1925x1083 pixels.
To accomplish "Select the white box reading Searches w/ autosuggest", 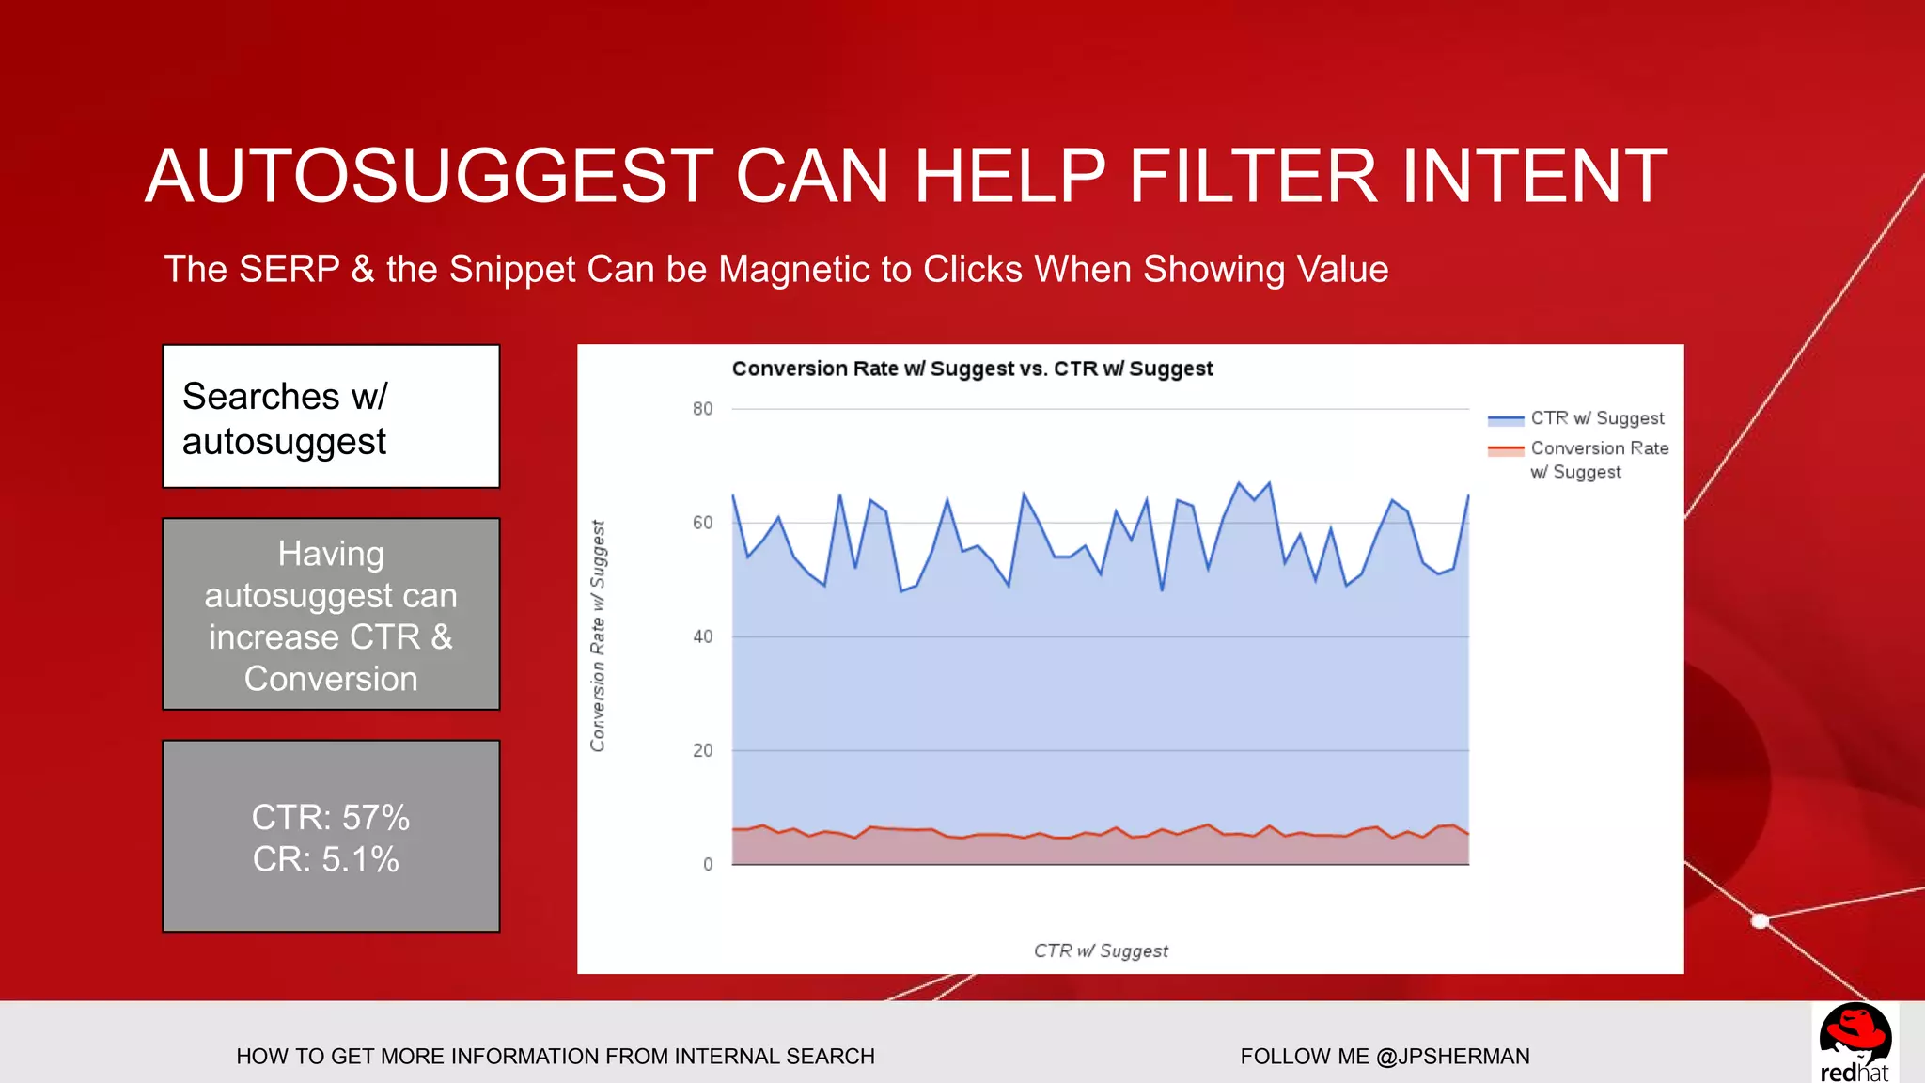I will [331, 416].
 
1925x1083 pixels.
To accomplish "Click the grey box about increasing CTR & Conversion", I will [331, 615].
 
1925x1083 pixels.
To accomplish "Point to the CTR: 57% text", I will [331, 817].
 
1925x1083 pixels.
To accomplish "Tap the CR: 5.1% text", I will [325, 859].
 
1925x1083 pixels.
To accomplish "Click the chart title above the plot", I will [972, 369].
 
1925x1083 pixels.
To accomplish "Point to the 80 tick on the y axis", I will [702, 409].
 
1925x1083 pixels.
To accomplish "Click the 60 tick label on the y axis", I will [702, 523].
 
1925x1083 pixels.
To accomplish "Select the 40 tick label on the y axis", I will [702, 636].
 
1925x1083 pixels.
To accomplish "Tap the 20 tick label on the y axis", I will [702, 750].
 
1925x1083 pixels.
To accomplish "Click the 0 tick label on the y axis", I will [708, 864].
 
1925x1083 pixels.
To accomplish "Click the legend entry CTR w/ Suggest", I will [1596, 418].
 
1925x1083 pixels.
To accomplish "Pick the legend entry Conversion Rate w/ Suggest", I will [1598, 460].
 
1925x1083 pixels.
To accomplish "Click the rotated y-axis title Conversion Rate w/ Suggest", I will [598, 636].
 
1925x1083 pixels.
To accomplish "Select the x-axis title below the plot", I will [1101, 950].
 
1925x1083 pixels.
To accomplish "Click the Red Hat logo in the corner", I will [1855, 1043].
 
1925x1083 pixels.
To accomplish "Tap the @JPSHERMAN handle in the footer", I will [1452, 1057].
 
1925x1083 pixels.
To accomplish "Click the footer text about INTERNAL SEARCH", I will [556, 1057].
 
